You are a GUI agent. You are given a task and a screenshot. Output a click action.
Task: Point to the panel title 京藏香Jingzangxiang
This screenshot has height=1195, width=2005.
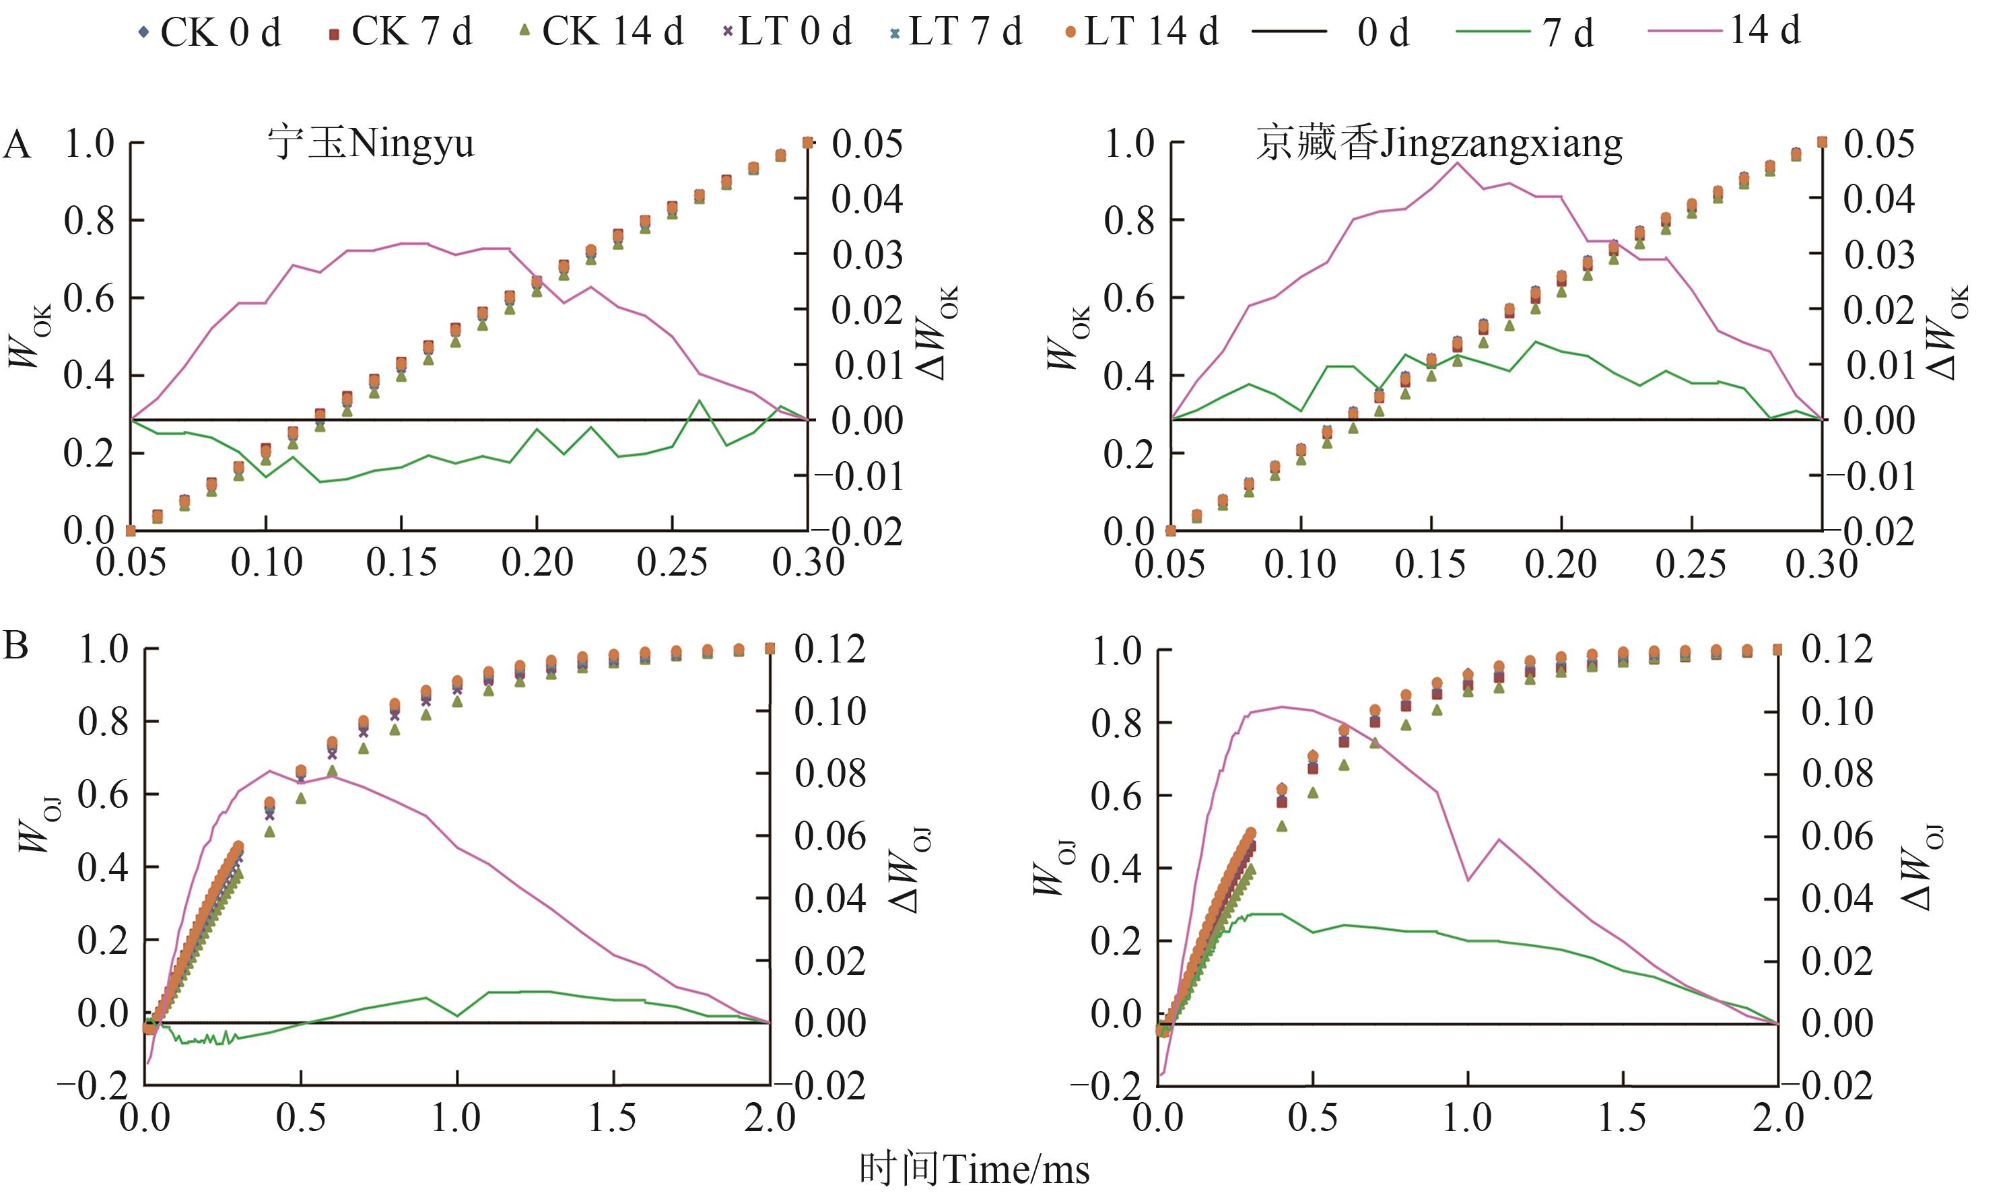(1439, 145)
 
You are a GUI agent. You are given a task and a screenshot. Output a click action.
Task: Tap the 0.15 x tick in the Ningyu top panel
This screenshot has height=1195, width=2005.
(401, 562)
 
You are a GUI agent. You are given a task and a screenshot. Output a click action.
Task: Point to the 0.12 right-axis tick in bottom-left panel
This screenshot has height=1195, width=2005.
(829, 648)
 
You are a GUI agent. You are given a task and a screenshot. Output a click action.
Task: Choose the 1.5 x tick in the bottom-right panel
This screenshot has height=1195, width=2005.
(1622, 1118)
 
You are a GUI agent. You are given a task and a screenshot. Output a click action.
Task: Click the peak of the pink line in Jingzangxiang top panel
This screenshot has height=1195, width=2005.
(1458, 163)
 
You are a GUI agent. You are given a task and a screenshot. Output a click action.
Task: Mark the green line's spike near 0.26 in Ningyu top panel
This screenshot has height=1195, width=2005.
(699, 400)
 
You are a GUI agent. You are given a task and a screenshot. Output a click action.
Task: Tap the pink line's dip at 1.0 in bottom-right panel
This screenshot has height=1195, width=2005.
(1468, 880)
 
